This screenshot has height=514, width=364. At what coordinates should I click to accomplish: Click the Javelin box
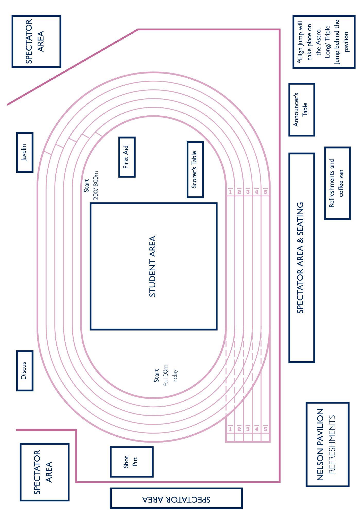(x=25, y=152)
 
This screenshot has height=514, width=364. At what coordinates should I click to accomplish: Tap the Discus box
(x=25, y=371)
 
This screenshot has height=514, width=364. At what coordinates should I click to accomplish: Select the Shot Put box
(x=132, y=462)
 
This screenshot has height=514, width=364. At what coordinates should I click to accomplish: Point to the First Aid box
(x=127, y=157)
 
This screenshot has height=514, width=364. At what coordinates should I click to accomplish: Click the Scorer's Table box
(x=195, y=169)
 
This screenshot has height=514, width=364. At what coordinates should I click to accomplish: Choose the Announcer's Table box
(x=301, y=109)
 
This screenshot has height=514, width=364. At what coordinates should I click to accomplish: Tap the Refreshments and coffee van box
(x=337, y=183)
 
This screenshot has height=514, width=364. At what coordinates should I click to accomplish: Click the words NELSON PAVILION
(x=320, y=445)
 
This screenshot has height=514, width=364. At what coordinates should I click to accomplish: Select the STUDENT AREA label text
(x=153, y=266)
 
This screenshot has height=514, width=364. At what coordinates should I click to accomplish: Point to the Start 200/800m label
(x=91, y=186)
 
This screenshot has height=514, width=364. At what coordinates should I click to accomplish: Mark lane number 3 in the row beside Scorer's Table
(x=248, y=192)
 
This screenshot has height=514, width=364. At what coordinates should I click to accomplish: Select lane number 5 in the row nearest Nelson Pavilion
(x=265, y=429)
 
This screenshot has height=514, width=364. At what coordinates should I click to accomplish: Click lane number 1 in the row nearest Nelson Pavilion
(x=230, y=429)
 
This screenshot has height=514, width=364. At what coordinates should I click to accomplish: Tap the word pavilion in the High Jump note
(x=347, y=42)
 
